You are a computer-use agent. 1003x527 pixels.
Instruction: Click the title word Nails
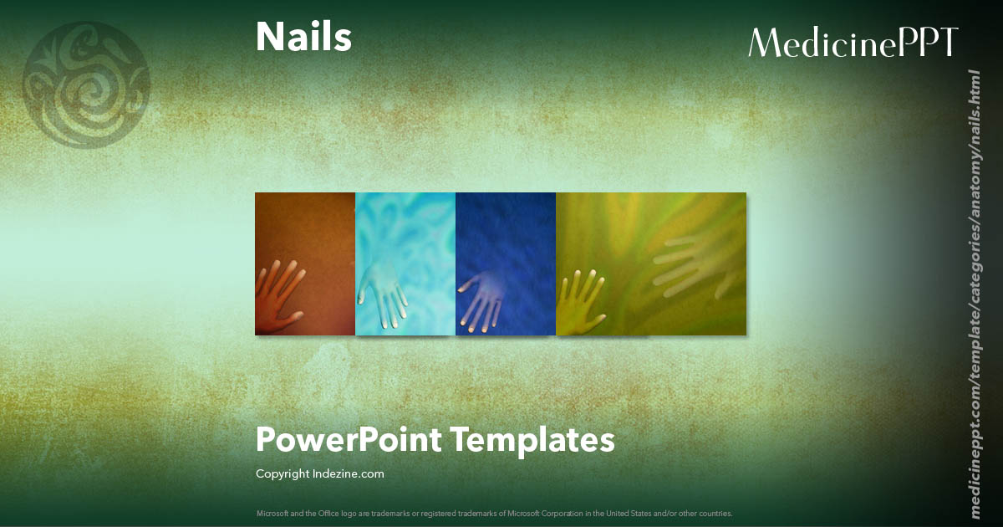[x=303, y=38]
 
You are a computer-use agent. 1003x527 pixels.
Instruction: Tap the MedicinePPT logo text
[x=853, y=42]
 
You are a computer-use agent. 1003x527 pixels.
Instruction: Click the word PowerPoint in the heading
[x=347, y=439]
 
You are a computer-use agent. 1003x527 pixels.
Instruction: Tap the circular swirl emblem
[x=87, y=84]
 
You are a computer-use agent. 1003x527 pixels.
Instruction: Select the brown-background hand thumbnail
[x=305, y=263]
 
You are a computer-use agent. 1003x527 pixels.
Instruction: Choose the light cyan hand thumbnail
[x=405, y=263]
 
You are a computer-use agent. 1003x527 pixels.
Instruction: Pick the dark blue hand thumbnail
[x=506, y=263]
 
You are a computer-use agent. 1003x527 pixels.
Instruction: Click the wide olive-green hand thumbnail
[x=651, y=263]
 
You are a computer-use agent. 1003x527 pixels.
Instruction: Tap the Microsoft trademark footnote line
[x=495, y=513]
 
